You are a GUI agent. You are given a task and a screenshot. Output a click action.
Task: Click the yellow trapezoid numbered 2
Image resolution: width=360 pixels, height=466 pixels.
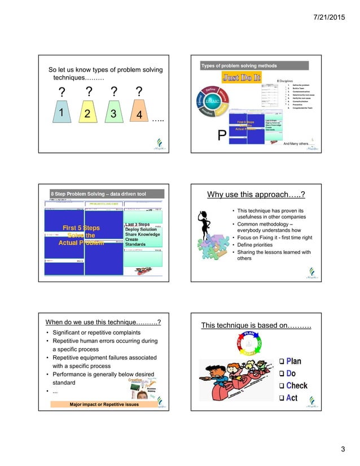pos(87,113)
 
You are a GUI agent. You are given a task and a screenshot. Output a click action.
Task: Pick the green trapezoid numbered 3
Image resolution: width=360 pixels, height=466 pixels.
pos(113,113)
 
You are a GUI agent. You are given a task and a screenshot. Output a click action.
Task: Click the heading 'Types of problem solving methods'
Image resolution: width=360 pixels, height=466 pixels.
pos(239,66)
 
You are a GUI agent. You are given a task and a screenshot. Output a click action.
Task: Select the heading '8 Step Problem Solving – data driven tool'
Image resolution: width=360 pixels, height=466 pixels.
pos(98,194)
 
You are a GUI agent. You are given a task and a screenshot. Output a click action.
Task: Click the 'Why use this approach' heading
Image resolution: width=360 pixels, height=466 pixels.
pos(256,195)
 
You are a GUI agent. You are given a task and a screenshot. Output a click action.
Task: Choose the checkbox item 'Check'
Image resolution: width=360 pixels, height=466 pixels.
pos(292,386)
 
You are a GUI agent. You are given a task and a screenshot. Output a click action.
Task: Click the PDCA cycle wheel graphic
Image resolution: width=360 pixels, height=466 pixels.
pos(249,344)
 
